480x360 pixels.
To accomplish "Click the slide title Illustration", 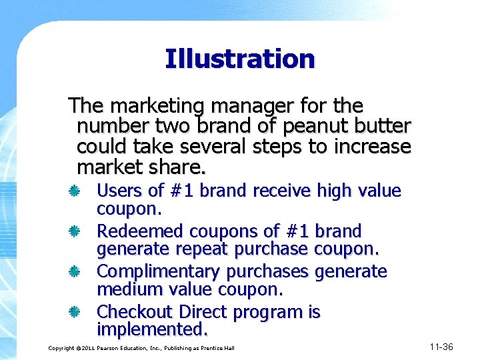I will point(239,59).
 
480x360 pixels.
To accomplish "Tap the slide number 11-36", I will point(441,347).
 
